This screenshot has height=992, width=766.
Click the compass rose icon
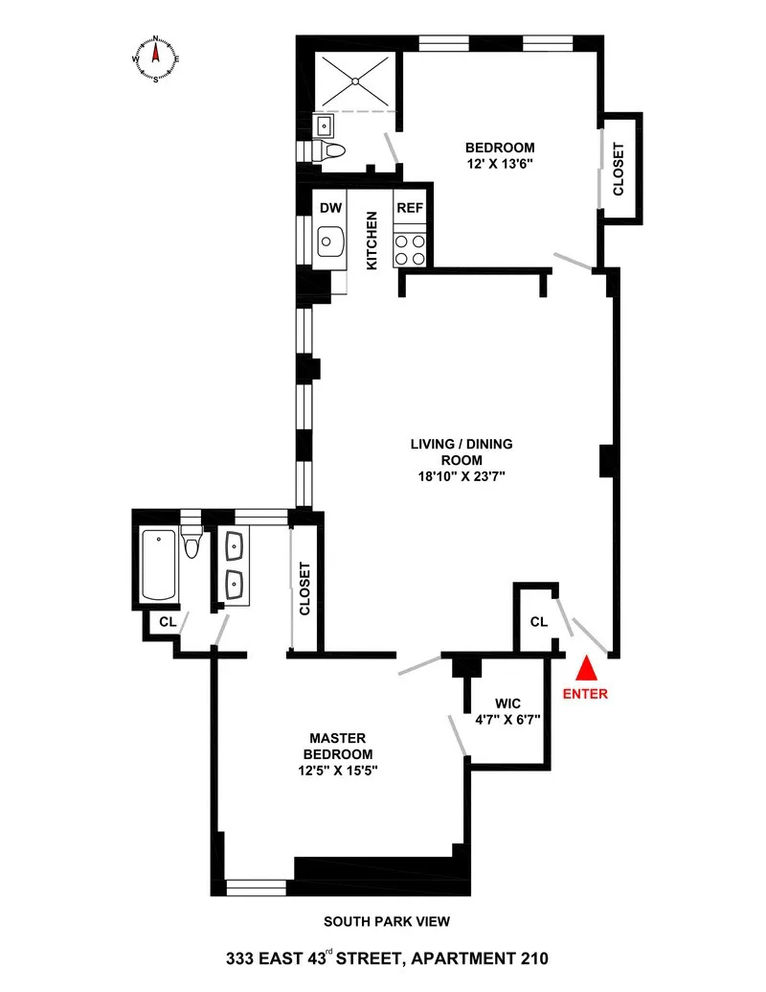point(156,59)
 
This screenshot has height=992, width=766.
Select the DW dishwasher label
point(330,208)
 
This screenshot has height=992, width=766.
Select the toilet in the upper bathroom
point(331,150)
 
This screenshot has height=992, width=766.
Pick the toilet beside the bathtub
point(191,542)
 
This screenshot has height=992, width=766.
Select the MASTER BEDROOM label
point(340,746)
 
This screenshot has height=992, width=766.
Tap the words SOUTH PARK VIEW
point(386,922)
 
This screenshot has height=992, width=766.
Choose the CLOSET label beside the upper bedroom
point(619,170)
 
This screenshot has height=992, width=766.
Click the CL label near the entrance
point(538,622)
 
